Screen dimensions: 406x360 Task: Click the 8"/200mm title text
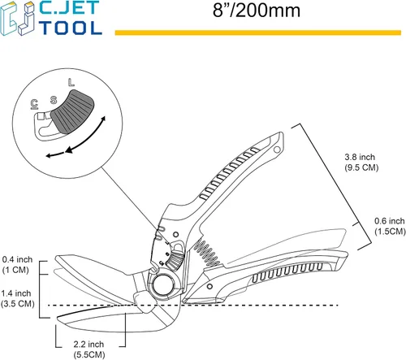(x=257, y=11)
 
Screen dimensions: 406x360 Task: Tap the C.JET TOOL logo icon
(x=18, y=19)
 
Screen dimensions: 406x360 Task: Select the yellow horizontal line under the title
(x=258, y=33)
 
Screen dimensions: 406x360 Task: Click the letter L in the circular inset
(x=71, y=83)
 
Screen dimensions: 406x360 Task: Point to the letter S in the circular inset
(x=54, y=100)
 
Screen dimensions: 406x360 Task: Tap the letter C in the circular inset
(x=34, y=104)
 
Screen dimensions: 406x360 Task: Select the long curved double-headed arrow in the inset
(x=86, y=135)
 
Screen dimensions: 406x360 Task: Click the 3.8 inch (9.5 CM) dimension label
(x=361, y=163)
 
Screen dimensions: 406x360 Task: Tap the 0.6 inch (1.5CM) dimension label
(x=390, y=226)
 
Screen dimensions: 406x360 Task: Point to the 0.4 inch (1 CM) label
(x=17, y=265)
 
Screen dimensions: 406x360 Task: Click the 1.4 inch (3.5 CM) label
(x=17, y=298)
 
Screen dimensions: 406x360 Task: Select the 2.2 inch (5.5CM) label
(x=89, y=349)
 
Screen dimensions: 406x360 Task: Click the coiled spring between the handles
(x=206, y=253)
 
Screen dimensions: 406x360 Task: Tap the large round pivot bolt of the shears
(x=163, y=285)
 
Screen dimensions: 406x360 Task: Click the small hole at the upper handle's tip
(x=277, y=150)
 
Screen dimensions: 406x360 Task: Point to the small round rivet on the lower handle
(x=209, y=286)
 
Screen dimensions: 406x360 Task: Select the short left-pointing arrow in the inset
(x=55, y=155)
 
